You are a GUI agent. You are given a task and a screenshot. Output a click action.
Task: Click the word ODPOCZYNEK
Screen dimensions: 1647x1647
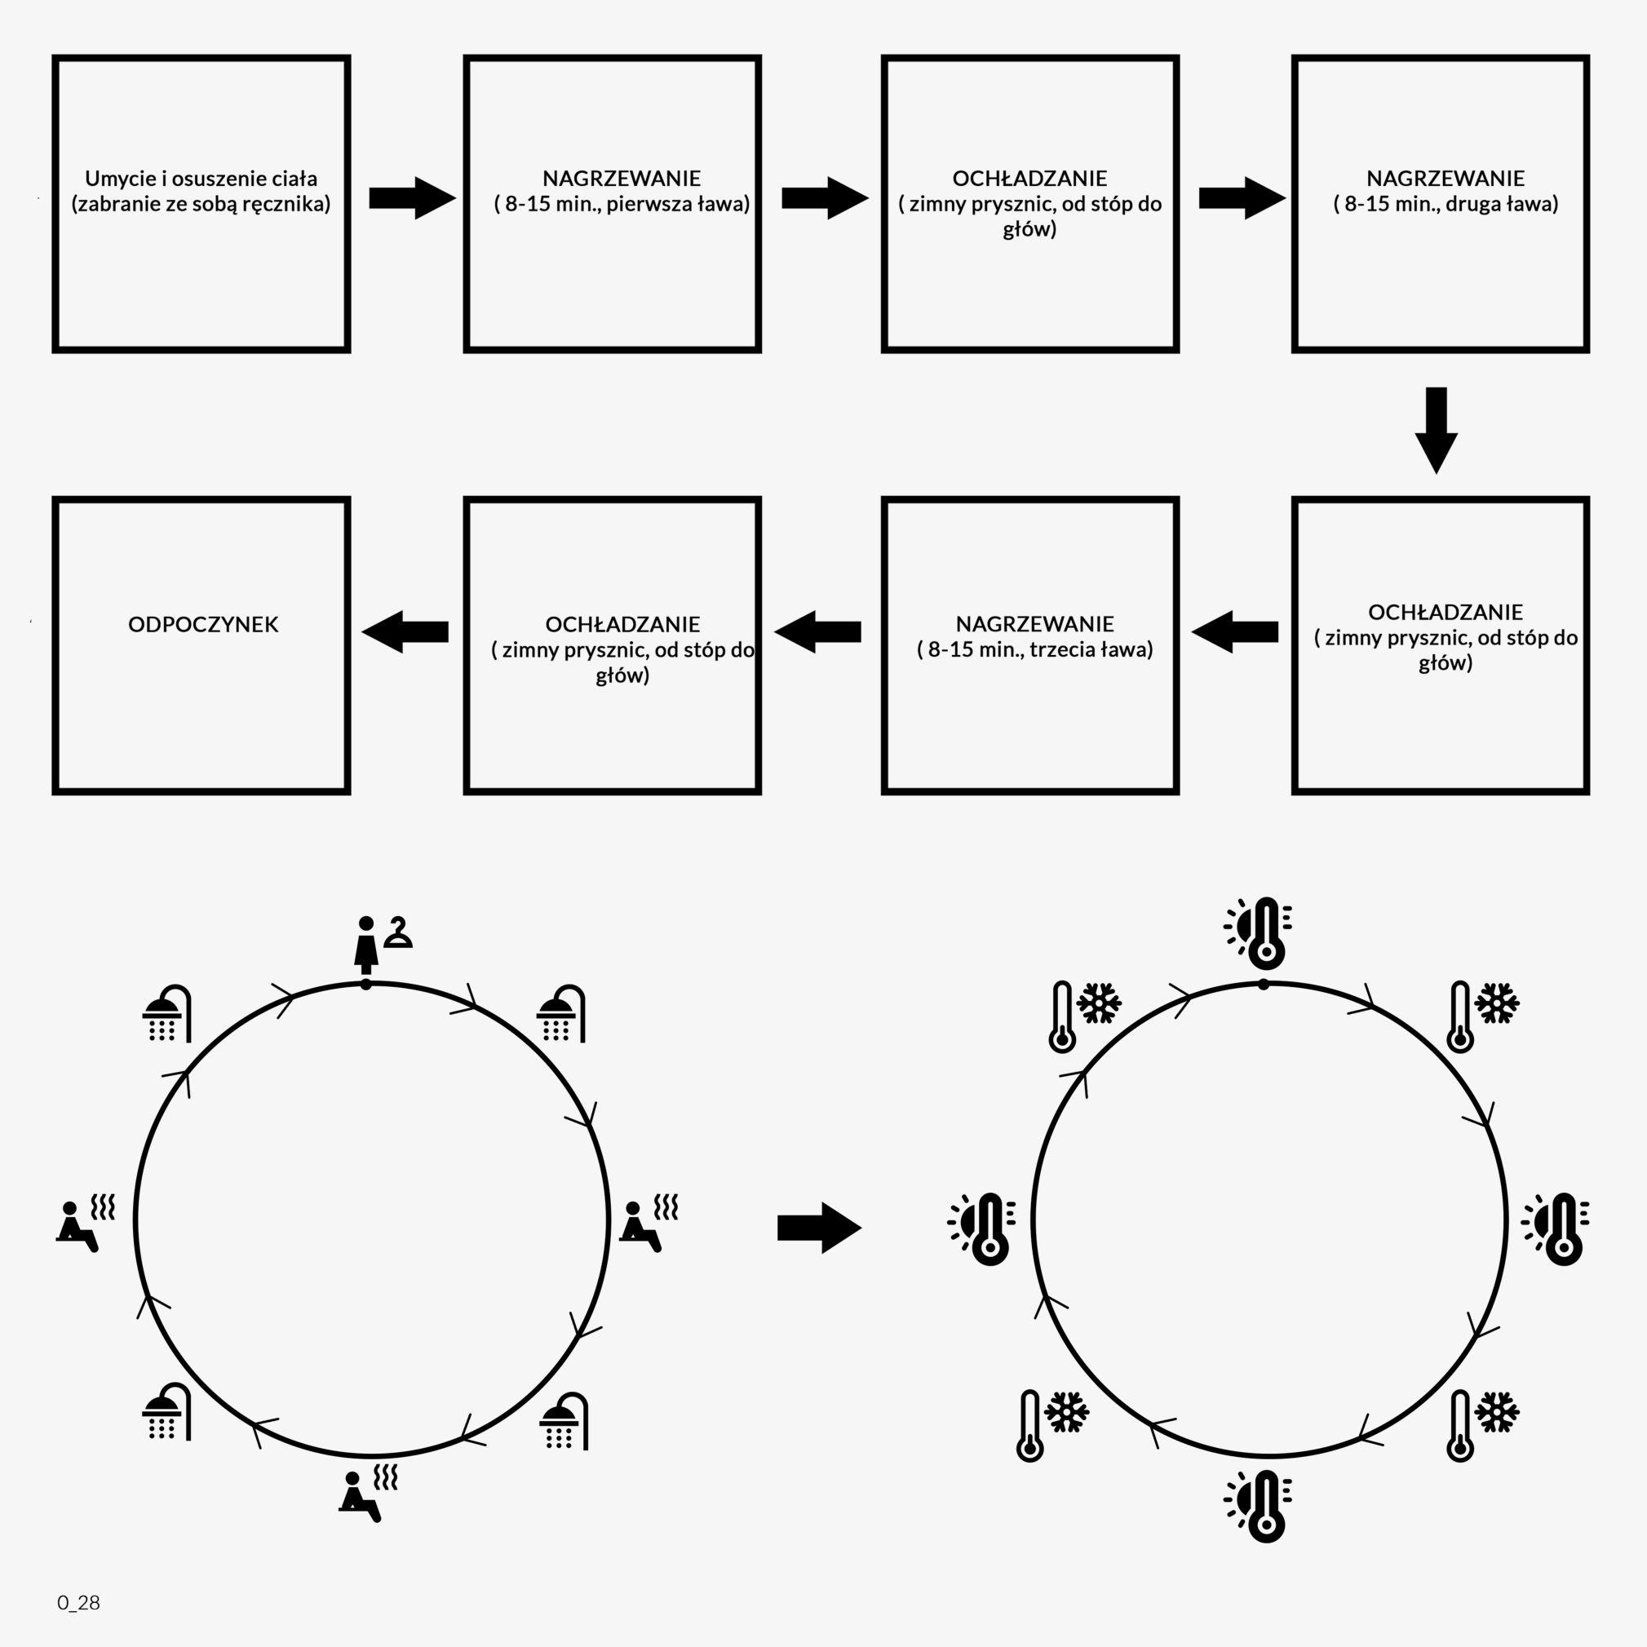(203, 624)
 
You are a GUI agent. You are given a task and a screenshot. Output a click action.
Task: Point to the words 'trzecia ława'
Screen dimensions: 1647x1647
(1091, 649)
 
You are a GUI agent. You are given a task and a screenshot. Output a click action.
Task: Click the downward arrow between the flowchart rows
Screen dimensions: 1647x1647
(1436, 430)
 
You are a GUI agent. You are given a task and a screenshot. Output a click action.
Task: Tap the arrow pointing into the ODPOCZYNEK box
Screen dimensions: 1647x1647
(405, 631)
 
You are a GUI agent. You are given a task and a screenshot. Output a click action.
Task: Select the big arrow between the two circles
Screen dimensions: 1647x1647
(818, 1228)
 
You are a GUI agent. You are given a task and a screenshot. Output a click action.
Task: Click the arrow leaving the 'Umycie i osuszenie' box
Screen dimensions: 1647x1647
(412, 198)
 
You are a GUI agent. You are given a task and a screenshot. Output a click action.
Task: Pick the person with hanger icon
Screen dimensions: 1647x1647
(382, 944)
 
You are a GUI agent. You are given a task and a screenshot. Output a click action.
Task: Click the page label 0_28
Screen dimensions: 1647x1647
(78, 1603)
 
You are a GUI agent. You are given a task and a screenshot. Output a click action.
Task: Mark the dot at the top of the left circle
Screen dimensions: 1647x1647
(365, 985)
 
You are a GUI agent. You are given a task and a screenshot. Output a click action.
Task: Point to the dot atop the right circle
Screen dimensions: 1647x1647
(1264, 985)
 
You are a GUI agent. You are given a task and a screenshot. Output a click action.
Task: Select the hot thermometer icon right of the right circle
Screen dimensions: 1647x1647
(1556, 1228)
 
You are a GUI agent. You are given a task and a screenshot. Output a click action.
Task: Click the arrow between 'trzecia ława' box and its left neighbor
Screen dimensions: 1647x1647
(817, 631)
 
